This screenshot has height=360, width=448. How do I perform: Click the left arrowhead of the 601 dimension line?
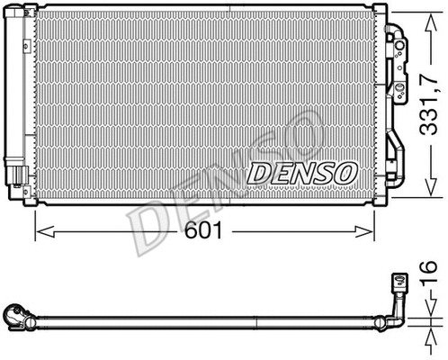coord(39,233)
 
